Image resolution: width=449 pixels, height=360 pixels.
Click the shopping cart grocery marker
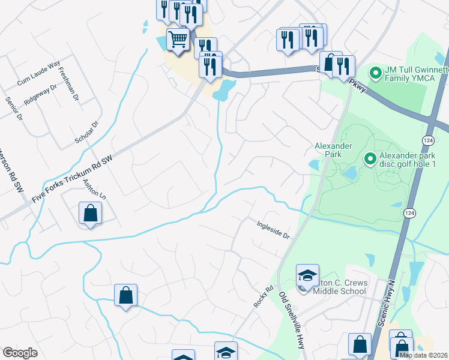tap(178, 40)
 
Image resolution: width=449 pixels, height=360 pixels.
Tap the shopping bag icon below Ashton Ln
tap(90, 214)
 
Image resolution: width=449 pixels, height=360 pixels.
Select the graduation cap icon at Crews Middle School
tap(307, 276)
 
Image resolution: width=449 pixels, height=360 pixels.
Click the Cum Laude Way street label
tap(39, 72)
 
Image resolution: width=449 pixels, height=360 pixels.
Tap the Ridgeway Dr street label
tap(40, 94)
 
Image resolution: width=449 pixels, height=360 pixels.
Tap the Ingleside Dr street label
tap(273, 229)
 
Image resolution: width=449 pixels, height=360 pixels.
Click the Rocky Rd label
tap(259, 296)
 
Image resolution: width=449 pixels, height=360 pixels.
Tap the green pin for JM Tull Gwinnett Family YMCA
tap(376, 74)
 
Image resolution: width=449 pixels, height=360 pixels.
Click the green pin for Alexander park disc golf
tap(370, 159)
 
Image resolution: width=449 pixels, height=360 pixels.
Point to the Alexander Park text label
tap(328, 149)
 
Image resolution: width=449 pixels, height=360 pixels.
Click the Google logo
tap(20, 353)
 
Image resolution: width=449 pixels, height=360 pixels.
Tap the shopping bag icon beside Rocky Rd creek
tap(125, 295)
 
